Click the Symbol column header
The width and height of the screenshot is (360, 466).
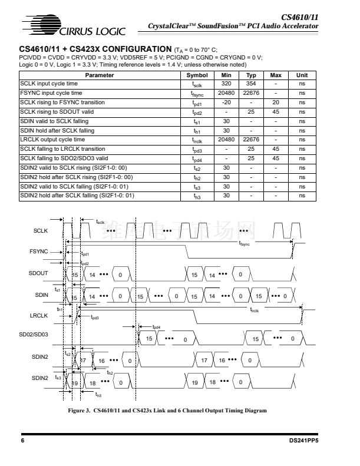click(x=197, y=75)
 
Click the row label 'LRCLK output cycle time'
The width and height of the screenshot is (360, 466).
click(x=52, y=140)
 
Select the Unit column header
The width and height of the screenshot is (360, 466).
click(x=302, y=75)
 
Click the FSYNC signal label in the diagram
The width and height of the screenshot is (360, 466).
click(x=38, y=251)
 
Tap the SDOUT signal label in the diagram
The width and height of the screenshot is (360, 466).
click(x=38, y=273)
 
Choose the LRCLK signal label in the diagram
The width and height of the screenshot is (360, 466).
click(x=38, y=316)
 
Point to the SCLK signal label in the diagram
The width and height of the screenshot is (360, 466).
click(x=40, y=230)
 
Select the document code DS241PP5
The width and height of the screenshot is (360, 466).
click(x=305, y=440)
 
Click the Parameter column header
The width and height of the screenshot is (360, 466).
click(x=100, y=75)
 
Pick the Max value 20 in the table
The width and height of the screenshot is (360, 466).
click(x=276, y=103)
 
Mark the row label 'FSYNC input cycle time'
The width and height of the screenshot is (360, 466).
click(x=51, y=93)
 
